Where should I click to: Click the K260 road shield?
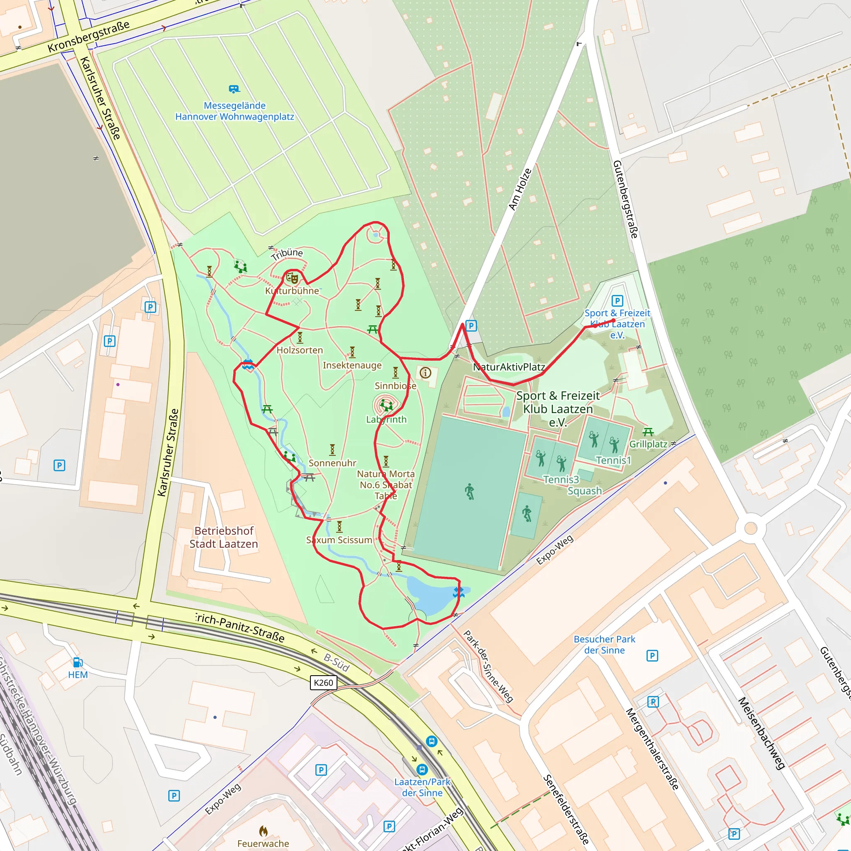pyautogui.click(x=323, y=683)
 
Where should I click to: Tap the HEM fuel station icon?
pyautogui.click(x=78, y=662)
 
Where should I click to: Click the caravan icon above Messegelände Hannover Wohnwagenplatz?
pyautogui.click(x=234, y=89)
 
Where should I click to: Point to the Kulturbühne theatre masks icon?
pyautogui.click(x=292, y=278)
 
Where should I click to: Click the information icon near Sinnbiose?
pyautogui.click(x=425, y=373)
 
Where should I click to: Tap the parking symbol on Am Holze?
pyautogui.click(x=471, y=326)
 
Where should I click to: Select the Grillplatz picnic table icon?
pyautogui.click(x=648, y=432)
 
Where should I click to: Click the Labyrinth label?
pyautogui.click(x=386, y=419)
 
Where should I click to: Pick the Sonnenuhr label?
pyautogui.click(x=332, y=463)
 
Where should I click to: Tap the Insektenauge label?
pyautogui.click(x=352, y=365)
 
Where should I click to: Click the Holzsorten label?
pyautogui.click(x=300, y=350)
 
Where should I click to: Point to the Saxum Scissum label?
pyautogui.click(x=339, y=540)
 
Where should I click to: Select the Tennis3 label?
pyautogui.click(x=561, y=480)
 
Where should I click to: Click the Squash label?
pyautogui.click(x=585, y=491)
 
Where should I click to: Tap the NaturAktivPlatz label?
pyautogui.click(x=509, y=367)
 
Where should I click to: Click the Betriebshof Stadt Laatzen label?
pyautogui.click(x=224, y=537)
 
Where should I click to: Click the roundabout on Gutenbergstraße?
pyautogui.click(x=750, y=528)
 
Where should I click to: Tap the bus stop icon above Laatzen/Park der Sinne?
pyautogui.click(x=423, y=770)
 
